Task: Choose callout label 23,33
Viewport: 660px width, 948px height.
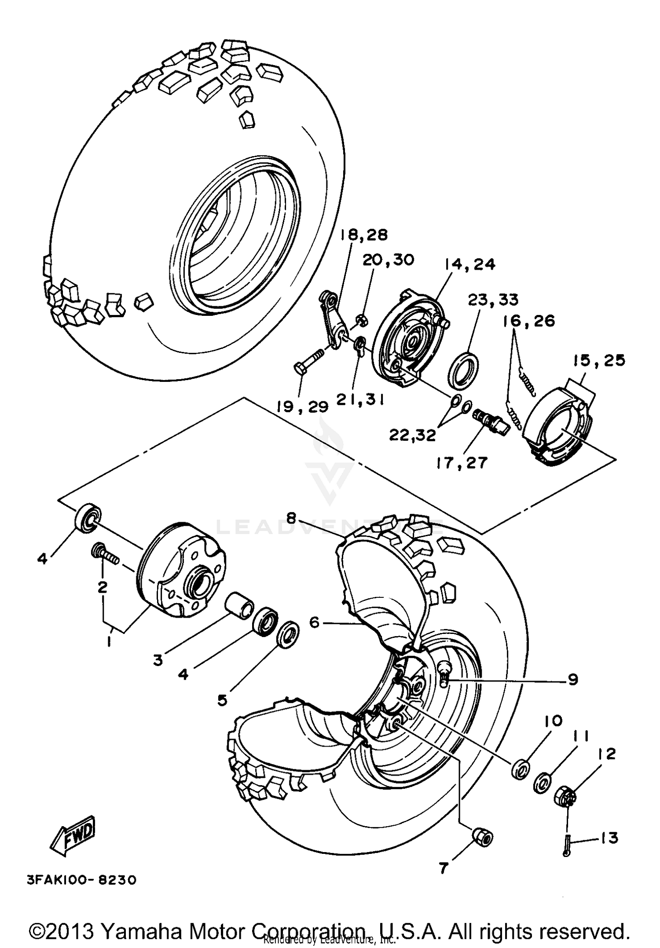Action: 493,300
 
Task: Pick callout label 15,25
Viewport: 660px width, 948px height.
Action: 599,360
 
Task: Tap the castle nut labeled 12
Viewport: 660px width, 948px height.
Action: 565,796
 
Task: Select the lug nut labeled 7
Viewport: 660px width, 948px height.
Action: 483,838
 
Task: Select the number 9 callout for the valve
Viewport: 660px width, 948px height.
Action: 572,680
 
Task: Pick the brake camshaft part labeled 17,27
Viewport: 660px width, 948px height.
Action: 491,420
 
